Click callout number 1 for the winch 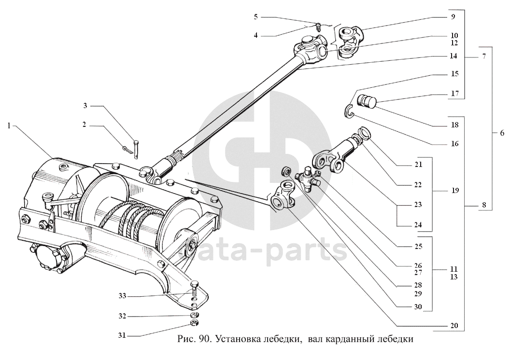pos(9,125)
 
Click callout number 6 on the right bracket pos(502,133)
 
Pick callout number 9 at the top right pos(453,16)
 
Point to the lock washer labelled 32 pos(194,314)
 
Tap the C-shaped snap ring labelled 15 pos(350,111)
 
